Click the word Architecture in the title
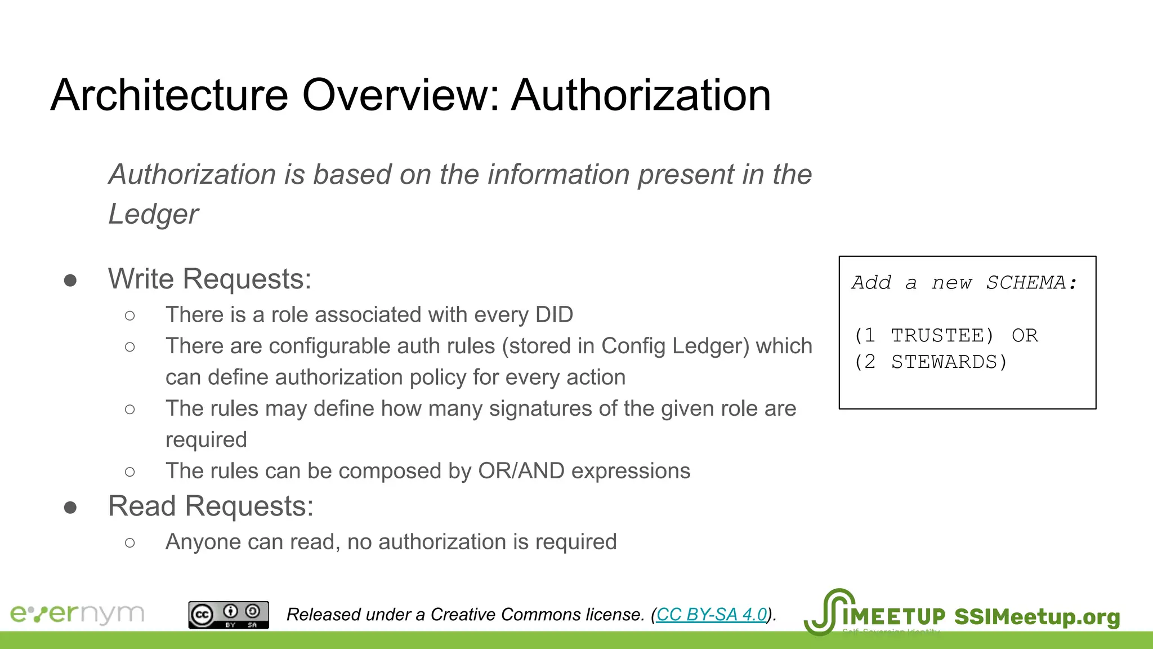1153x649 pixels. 169,95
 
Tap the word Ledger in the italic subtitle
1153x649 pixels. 153,214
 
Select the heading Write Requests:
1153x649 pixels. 209,279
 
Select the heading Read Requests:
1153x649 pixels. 211,506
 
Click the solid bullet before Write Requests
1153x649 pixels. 70,281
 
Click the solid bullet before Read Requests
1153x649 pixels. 70,508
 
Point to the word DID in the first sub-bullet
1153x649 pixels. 554,314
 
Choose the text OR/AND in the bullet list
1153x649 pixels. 521,471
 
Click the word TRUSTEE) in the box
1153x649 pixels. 942,336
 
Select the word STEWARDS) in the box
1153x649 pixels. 949,362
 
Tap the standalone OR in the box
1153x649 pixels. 1025,336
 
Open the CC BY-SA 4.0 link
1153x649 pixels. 712,615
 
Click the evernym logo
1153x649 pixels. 77,614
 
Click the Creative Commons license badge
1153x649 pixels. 229,615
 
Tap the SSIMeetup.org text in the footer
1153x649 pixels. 1037,617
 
